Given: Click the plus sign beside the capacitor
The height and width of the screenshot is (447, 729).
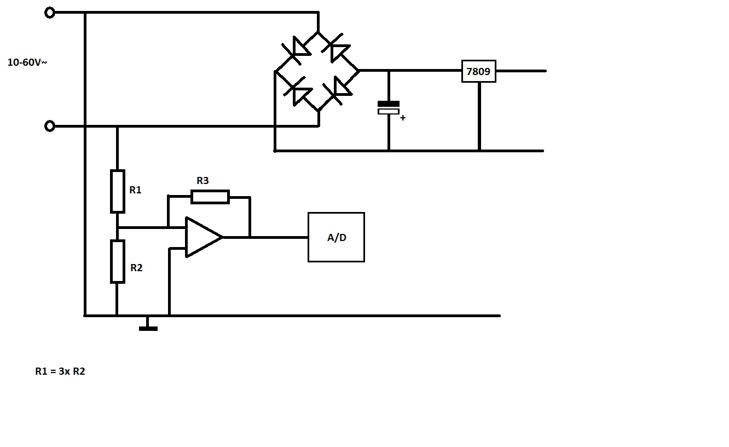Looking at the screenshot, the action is coord(403,118).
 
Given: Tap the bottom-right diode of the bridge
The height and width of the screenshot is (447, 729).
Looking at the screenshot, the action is coord(338,90).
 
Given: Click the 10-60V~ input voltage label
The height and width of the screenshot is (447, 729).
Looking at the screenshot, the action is coord(27,62).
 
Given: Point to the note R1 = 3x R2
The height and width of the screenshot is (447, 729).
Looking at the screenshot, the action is coord(60,371).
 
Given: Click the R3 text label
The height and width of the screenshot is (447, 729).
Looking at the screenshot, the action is coord(202,180).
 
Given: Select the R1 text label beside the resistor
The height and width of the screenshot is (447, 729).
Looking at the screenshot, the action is coord(135,190).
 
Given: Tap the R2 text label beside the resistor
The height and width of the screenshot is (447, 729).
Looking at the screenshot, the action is coord(136,268).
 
